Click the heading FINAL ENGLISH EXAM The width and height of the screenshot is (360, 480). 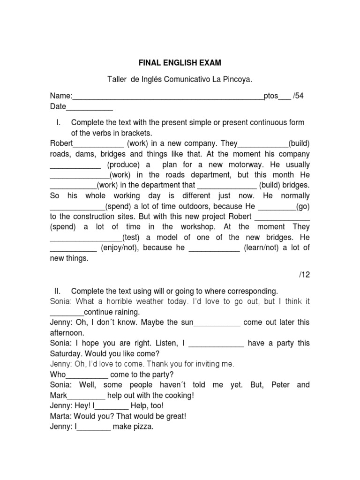click(180, 62)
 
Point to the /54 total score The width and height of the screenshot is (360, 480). click(298, 96)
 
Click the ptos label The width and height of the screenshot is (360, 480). click(271, 96)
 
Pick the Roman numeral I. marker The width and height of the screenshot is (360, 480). click(59, 122)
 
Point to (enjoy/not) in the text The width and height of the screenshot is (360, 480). click(120, 247)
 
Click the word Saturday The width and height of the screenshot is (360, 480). click(66, 353)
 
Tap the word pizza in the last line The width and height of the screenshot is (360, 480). click(143, 427)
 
